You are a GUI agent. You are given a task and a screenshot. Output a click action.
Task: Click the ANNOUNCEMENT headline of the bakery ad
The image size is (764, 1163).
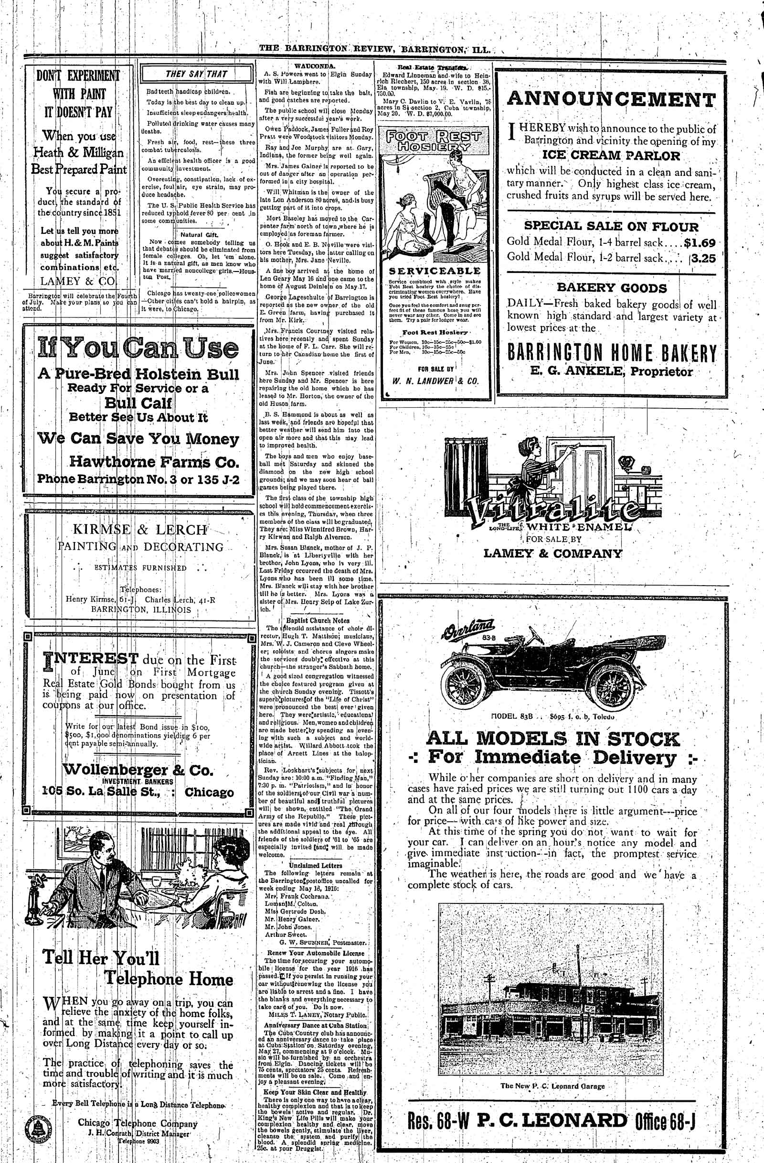[611, 100]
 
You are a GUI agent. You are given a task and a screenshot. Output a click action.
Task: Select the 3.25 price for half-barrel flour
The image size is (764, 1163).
[703, 258]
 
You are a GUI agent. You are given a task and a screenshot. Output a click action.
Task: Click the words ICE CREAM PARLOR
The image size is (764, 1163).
[611, 156]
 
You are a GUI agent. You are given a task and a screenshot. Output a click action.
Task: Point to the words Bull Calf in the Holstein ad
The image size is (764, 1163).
[138, 403]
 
